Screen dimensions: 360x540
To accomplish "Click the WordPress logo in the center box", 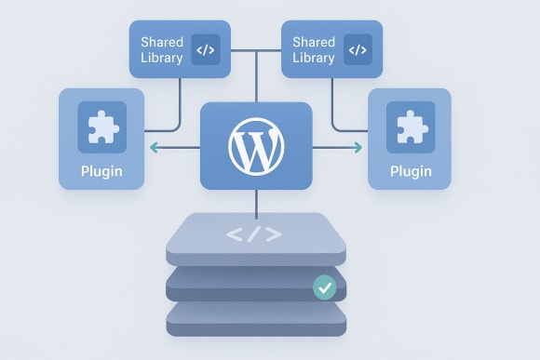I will [256, 147].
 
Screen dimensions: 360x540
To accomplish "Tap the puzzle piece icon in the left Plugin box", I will [101, 127].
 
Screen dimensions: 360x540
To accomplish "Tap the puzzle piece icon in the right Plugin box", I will [411, 127].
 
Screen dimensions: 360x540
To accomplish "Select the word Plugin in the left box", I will [101, 170].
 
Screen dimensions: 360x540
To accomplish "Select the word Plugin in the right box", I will [411, 170].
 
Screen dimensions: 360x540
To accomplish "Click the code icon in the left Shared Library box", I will [206, 50].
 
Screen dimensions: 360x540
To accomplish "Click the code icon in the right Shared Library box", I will [358, 50].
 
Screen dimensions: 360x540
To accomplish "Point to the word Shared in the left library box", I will [161, 42].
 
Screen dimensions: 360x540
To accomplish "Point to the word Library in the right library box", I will [313, 58].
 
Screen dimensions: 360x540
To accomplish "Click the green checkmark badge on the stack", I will [324, 287].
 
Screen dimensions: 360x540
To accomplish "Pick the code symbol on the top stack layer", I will [255, 234].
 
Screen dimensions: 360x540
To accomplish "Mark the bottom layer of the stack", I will [256, 322].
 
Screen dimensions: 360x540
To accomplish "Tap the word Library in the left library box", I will [161, 58].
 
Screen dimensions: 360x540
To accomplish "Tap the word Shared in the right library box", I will [313, 42].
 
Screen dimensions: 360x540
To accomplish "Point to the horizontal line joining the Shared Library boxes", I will [256, 49].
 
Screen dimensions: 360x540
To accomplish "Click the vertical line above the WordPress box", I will [256, 79].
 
